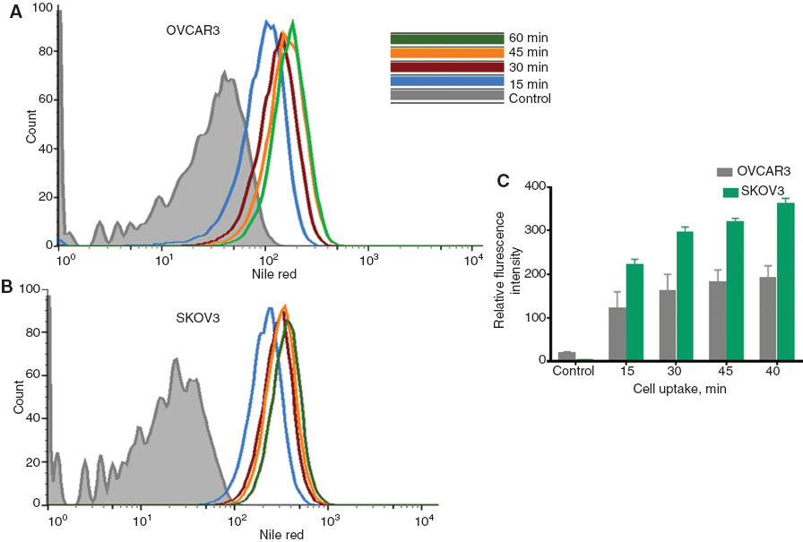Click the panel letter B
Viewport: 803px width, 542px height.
click(7, 288)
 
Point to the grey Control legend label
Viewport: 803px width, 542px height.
click(529, 99)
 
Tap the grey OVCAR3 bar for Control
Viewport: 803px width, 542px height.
click(566, 357)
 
